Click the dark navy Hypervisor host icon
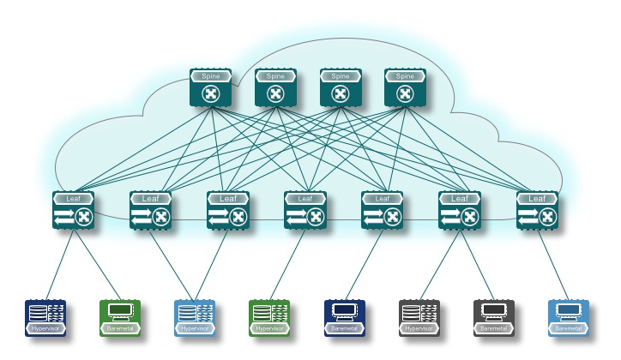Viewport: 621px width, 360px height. pos(45,317)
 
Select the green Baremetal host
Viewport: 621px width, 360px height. pos(120,317)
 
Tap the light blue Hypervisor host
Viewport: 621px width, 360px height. pos(195,317)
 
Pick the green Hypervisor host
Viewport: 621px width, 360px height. pos(269,317)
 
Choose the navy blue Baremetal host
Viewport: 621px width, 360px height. pos(345,317)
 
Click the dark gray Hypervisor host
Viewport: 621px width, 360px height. pos(419,317)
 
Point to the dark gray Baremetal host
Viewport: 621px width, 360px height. pos(494,317)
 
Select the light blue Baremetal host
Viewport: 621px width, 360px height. pos(569,317)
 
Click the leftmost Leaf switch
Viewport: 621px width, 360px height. pos(73,211)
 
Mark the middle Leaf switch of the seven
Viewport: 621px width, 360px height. pos(305,211)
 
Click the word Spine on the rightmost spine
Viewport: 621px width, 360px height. pos(405,76)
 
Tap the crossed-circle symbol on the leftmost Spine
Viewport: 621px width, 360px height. pos(211,93)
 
